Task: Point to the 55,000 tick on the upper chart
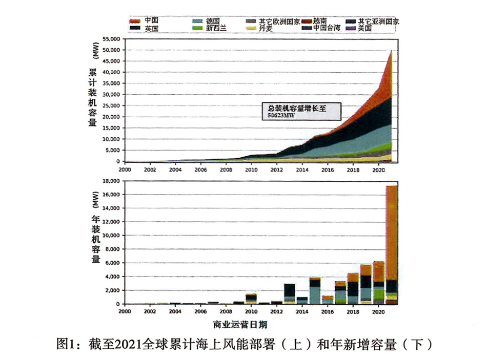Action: tap(111, 39)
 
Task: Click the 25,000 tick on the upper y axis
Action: tap(111, 106)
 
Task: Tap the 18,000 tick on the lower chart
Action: tap(111, 181)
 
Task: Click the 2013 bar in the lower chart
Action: tap(290, 293)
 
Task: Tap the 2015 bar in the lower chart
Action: tap(315, 291)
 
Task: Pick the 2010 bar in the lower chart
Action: tap(251, 299)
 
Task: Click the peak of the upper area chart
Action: tap(392, 50)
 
